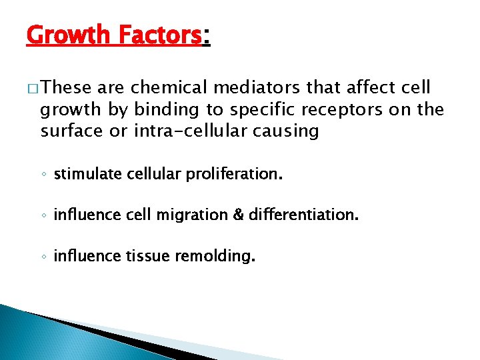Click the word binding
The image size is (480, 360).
point(160,109)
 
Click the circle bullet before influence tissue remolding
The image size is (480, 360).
point(44,257)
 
